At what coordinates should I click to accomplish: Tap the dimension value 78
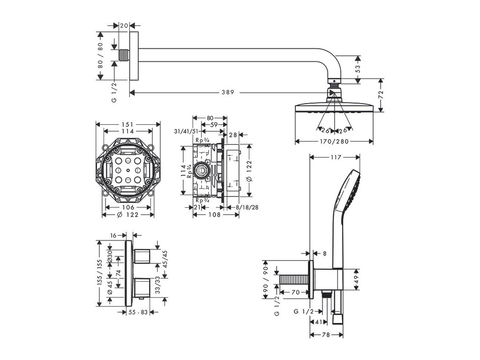tap(327, 335)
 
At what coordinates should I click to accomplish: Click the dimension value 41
tap(318, 322)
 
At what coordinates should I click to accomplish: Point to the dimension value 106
tap(128, 207)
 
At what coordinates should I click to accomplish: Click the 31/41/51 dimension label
tap(186, 132)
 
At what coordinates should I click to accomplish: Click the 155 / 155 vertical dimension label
tap(99, 273)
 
